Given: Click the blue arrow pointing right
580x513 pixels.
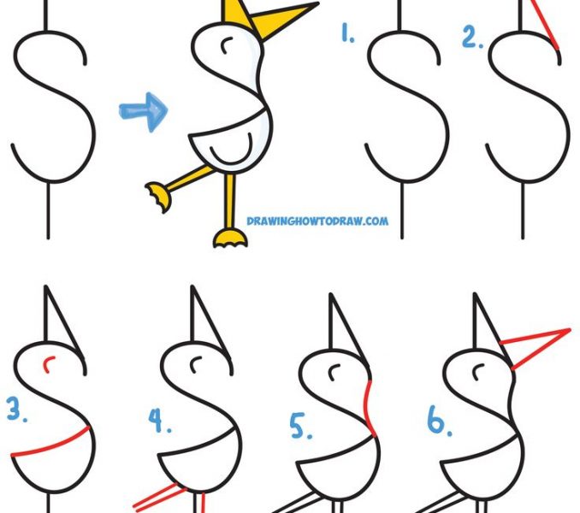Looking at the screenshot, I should pyautogui.click(x=144, y=112).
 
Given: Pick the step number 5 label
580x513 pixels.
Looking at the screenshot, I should pyautogui.click(x=300, y=427).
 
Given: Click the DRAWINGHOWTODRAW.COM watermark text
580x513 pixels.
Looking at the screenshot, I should pyautogui.click(x=317, y=221).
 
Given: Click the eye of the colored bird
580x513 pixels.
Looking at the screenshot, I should pyautogui.click(x=225, y=42).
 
